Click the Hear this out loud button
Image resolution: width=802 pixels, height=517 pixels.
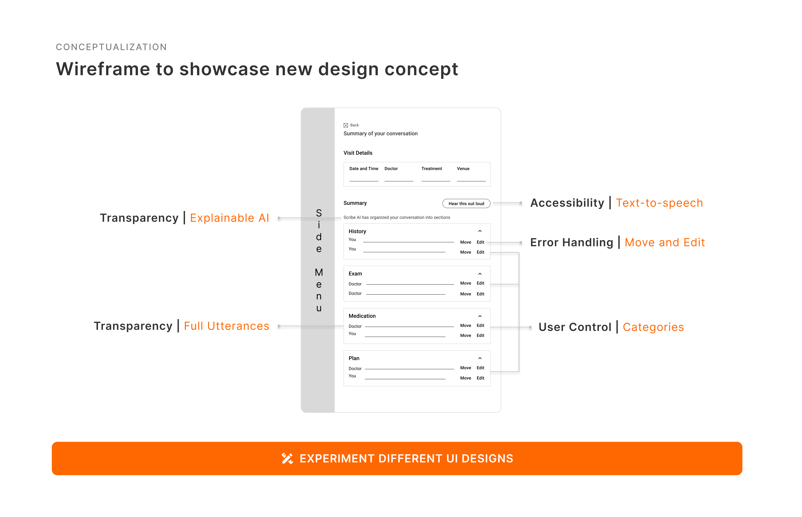466,203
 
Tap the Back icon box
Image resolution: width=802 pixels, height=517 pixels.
346,125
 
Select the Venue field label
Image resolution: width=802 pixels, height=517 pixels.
463,169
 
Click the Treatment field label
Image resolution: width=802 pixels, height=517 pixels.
431,169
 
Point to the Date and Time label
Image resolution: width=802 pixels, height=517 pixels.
364,169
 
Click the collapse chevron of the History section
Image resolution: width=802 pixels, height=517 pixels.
480,231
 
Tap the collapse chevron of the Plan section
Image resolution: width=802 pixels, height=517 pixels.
480,358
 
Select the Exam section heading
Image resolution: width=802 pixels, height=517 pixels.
355,274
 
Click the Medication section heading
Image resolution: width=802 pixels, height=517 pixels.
362,316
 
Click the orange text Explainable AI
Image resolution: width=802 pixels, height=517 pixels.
229,218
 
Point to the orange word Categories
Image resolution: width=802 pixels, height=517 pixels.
653,327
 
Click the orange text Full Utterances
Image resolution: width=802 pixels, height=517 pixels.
227,326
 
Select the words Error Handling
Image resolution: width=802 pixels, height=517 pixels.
571,242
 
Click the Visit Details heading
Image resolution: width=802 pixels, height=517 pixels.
358,153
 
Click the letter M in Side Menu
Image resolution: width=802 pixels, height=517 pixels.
319,272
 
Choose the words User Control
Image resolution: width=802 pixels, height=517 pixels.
575,327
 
